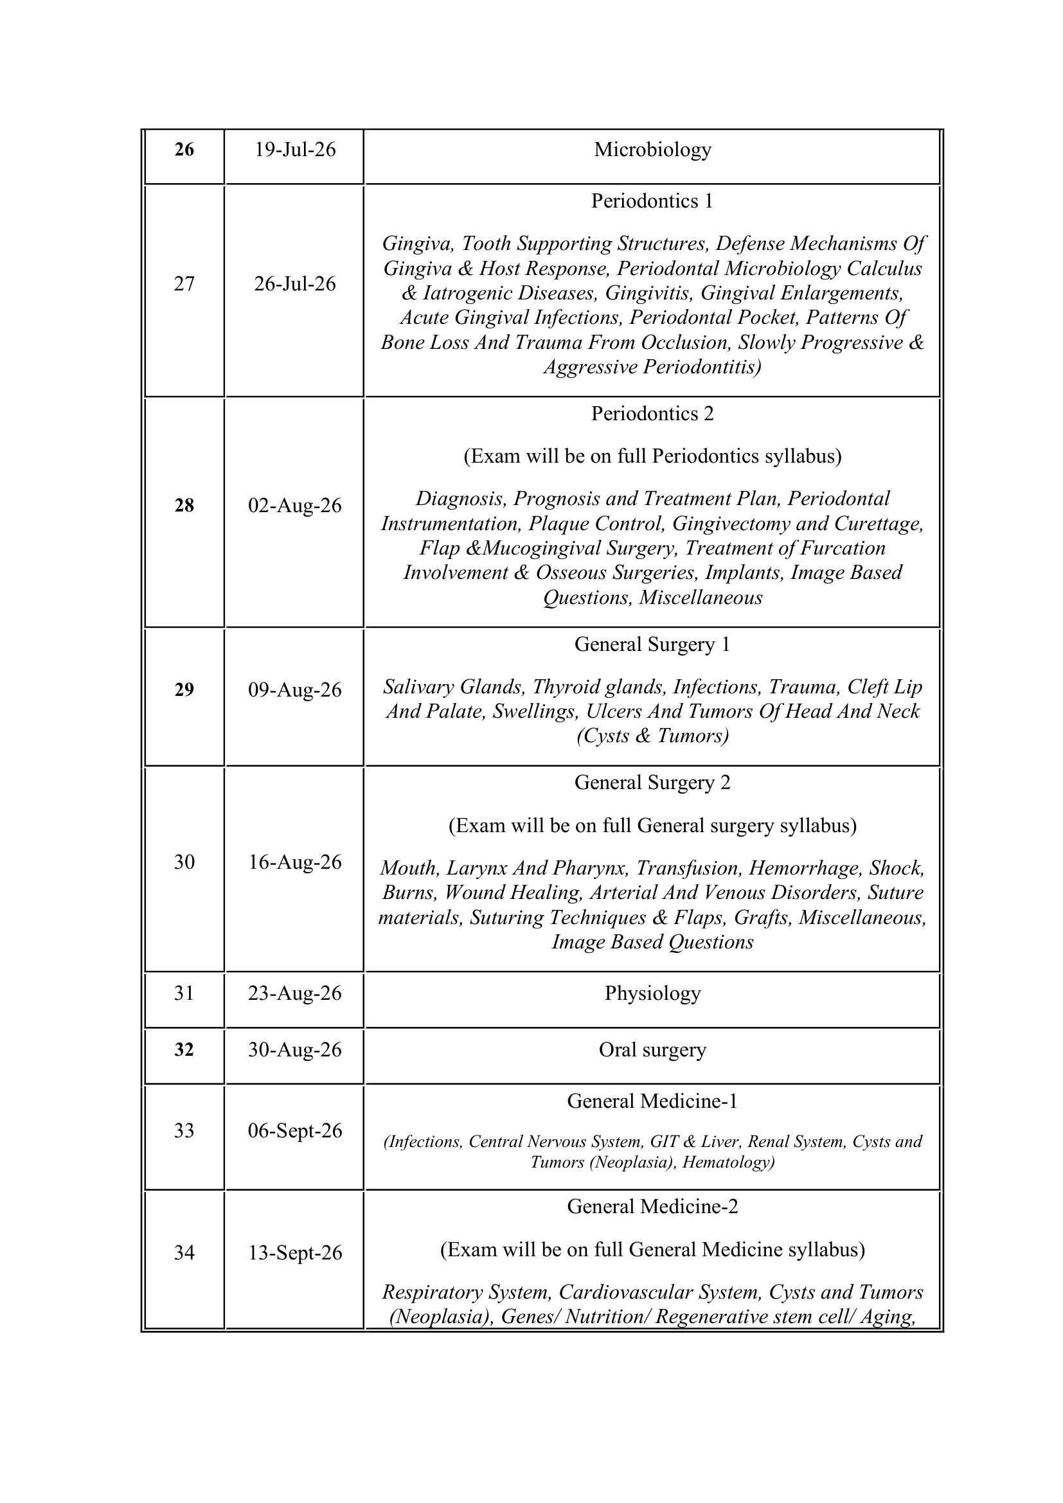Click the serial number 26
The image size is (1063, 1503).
point(184,150)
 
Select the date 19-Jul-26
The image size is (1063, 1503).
point(294,150)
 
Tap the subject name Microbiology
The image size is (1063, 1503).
point(652,150)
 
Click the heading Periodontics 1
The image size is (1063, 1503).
point(652,201)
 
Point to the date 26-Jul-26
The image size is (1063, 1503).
point(294,283)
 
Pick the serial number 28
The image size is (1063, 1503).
point(184,505)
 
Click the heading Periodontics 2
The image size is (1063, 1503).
point(652,414)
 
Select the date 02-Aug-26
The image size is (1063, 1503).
point(294,505)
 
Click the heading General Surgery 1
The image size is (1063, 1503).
point(652,644)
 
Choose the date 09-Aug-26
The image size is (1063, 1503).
point(294,690)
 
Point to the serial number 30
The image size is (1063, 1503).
point(184,862)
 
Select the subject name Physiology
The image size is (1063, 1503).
point(652,993)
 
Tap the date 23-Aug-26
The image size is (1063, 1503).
point(294,993)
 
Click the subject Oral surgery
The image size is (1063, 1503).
point(652,1049)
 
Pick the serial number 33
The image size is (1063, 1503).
point(184,1130)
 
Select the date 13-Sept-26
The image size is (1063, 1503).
point(294,1252)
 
